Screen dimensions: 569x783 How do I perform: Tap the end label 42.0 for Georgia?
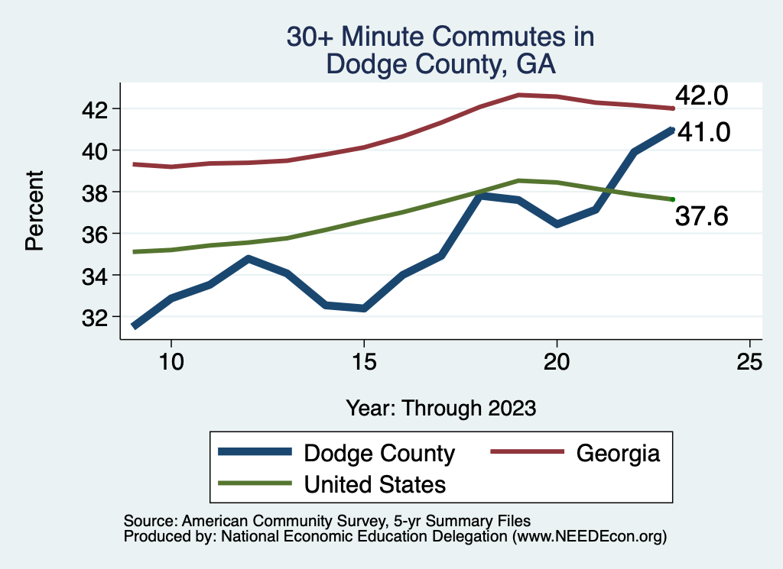coord(701,97)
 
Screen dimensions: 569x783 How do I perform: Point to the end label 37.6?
coord(701,217)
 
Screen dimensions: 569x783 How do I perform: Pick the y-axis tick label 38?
coord(99,192)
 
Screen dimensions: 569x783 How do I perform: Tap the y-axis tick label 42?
coord(99,109)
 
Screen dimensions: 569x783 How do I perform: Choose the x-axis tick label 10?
coord(171,361)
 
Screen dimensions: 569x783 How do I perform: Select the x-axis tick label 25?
coord(749,361)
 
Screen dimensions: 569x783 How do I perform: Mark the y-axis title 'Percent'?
coord(34,212)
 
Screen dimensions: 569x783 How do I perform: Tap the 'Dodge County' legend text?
coord(379,453)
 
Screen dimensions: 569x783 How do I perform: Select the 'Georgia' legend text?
coord(618,453)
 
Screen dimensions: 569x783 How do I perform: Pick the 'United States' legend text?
coord(375,484)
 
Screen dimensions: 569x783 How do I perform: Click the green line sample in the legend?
coord(255,483)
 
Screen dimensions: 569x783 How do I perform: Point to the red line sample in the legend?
coord(527,452)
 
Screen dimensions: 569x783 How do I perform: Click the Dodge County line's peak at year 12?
coord(248,259)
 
